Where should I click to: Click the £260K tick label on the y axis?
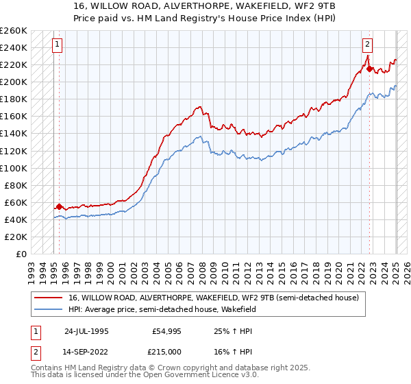14,31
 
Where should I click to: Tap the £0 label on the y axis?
21,254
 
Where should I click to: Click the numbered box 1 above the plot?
56,45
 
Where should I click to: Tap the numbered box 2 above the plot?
368,45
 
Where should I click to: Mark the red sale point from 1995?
60,206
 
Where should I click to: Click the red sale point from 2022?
369,69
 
